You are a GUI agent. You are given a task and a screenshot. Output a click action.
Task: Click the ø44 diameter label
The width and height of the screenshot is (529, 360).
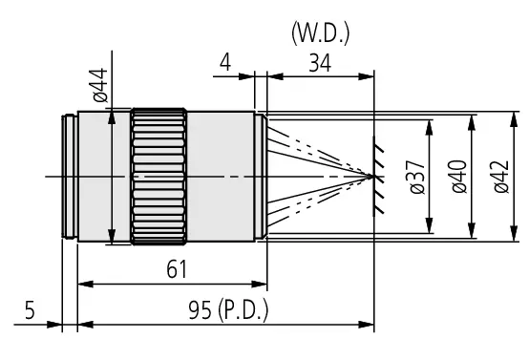[100, 85]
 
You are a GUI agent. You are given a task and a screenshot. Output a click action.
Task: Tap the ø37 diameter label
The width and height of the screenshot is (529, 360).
[417, 177]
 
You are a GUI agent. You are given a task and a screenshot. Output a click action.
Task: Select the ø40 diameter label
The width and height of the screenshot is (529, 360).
[459, 177]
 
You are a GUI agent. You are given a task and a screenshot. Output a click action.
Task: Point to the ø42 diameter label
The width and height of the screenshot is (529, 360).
[501, 177]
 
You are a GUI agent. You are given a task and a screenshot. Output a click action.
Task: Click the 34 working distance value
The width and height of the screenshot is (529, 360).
[320, 63]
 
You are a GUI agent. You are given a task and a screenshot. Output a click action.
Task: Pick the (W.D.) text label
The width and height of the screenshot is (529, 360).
[321, 33]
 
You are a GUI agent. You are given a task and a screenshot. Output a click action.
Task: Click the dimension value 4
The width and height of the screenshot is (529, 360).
[225, 63]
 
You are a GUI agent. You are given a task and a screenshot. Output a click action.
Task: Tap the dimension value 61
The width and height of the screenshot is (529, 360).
[177, 269]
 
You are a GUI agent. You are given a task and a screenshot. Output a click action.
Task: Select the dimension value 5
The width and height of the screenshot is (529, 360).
[30, 310]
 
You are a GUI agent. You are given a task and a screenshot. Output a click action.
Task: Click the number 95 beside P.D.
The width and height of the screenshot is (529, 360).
[200, 310]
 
